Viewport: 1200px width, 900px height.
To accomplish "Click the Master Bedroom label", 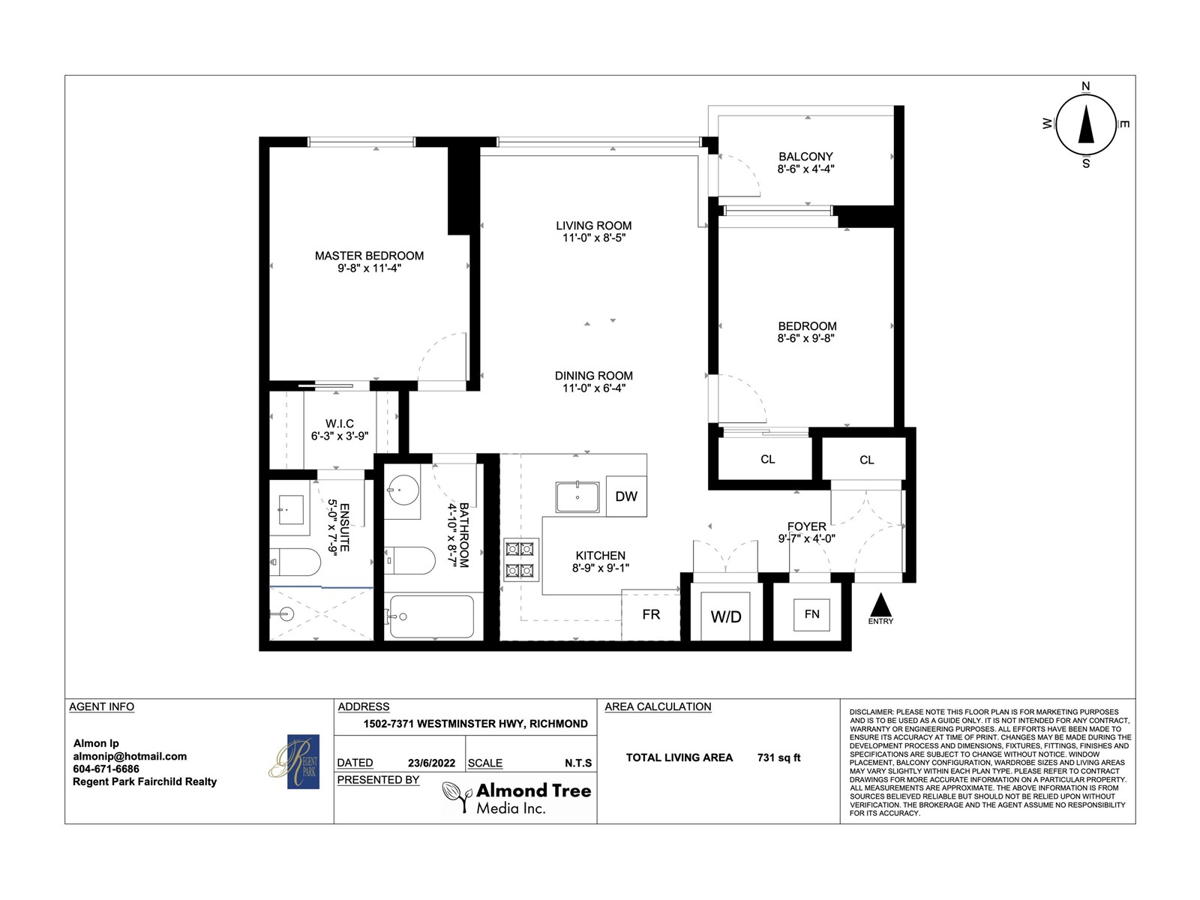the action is [369, 256].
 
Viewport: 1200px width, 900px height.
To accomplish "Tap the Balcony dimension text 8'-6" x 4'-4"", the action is [805, 169].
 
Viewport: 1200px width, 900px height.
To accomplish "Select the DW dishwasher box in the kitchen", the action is [626, 496].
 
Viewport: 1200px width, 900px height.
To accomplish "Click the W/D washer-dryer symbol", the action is [726, 616].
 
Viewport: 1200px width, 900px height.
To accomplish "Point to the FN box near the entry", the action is [811, 615].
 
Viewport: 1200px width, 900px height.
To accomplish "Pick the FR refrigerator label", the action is [651, 615].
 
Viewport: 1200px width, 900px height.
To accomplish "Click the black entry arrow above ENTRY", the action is [880, 605].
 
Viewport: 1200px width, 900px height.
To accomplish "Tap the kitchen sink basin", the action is [577, 496].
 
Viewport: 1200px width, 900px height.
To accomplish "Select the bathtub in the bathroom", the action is [431, 616].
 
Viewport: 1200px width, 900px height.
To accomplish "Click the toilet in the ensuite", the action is [295, 562].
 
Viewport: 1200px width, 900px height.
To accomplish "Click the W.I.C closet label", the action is [340, 424].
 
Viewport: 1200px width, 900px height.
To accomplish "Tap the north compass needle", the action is [1086, 124].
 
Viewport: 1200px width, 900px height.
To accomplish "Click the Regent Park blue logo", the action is [304, 761].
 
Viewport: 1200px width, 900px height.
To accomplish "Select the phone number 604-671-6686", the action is [106, 769].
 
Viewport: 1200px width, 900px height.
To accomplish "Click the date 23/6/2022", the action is [431, 763].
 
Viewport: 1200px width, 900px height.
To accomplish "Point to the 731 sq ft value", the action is [778, 758].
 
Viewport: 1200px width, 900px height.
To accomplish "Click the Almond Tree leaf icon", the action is [457, 796].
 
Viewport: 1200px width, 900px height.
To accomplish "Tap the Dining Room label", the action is [594, 376].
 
